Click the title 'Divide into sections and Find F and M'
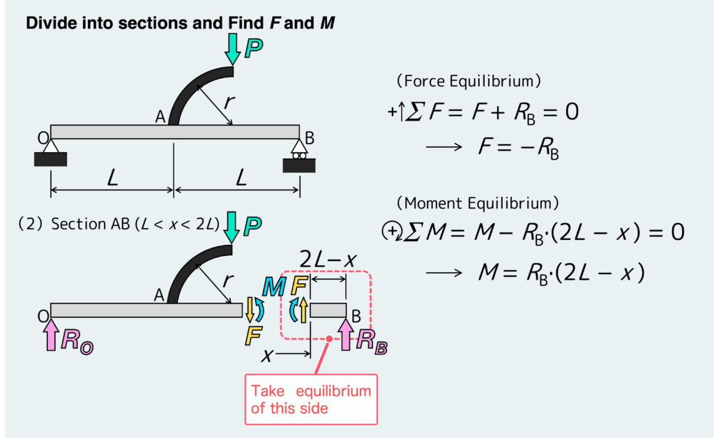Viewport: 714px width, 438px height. [x=181, y=23]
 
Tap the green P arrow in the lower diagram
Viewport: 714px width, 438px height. [x=232, y=225]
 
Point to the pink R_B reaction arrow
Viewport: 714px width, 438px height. [x=347, y=333]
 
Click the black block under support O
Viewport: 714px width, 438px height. [x=50, y=159]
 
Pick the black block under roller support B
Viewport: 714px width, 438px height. [x=299, y=165]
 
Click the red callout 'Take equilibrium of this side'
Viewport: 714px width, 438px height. [x=311, y=399]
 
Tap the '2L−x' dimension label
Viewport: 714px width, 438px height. [x=328, y=260]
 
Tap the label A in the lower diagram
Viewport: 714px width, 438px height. [x=159, y=296]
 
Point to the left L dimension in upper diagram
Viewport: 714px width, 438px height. [x=112, y=179]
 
